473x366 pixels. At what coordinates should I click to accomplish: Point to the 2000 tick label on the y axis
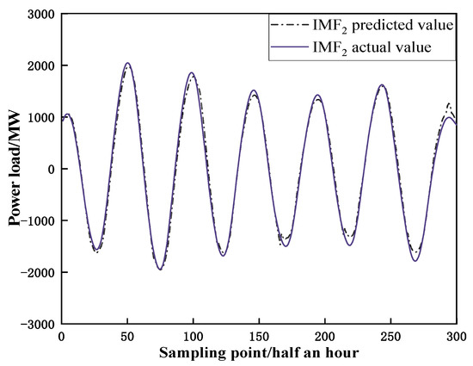click(40, 66)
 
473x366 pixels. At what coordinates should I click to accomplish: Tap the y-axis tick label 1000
click(40, 118)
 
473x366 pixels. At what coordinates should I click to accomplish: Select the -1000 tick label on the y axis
click(37, 220)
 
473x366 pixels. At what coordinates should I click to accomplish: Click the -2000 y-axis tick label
click(37, 272)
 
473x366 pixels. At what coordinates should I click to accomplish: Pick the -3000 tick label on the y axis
click(37, 324)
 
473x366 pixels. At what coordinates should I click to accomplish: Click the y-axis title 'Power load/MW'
click(15, 170)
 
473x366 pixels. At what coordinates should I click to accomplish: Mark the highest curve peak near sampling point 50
click(127, 63)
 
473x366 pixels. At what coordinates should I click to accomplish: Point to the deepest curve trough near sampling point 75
click(160, 270)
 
